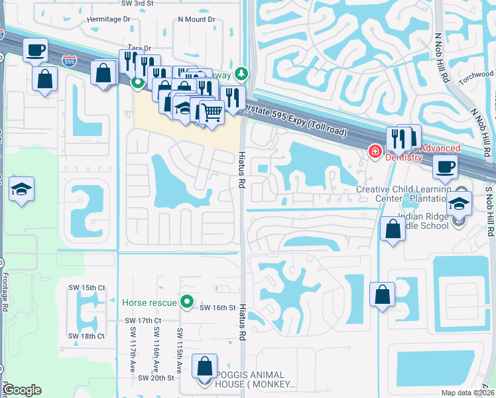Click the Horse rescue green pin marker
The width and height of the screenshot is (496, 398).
tap(187, 302)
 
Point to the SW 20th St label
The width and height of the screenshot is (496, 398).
tap(156, 377)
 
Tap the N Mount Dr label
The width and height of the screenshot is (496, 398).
tap(197, 19)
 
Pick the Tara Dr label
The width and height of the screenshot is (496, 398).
tap(140, 48)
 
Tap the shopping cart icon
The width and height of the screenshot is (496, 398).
tap(212, 113)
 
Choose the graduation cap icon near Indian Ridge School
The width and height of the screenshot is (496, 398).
tap(459, 204)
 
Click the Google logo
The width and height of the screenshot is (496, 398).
tap(22, 390)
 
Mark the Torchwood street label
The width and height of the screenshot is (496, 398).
tap(478, 74)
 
